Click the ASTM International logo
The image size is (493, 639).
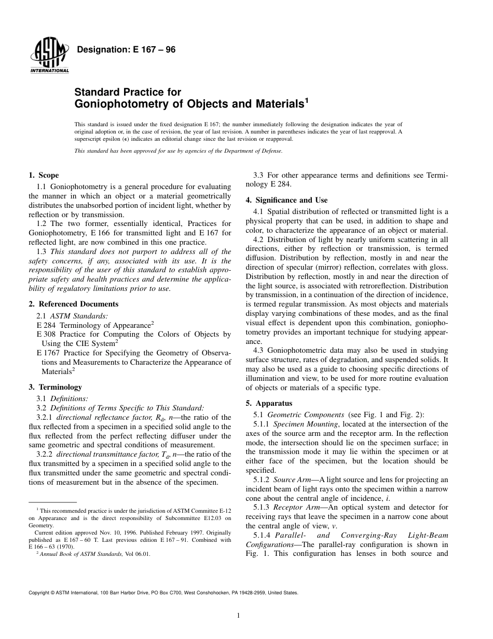point(49,56)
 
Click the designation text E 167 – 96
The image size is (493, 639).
point(126,50)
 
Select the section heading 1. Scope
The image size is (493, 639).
point(44,176)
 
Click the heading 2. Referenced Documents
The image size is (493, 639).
point(73,304)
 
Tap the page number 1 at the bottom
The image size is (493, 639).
point(238,616)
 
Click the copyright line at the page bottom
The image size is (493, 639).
point(163,592)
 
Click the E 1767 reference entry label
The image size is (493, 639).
point(47,353)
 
